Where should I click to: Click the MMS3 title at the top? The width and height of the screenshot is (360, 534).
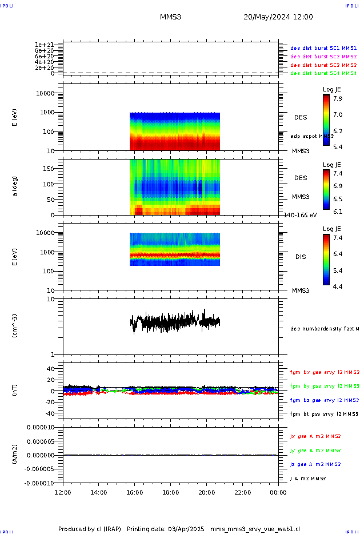point(170,17)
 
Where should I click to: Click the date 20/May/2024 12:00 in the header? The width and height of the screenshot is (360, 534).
point(278,17)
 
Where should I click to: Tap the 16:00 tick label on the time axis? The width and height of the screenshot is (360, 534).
point(134,492)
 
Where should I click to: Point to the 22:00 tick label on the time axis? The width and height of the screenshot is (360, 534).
point(242,492)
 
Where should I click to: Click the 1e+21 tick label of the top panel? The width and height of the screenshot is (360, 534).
point(44,45)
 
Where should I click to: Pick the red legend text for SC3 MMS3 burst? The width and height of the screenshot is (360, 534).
point(323,65)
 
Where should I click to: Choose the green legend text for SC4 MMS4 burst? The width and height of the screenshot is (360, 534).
point(323,73)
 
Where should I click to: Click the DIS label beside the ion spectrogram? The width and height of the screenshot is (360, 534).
point(300,257)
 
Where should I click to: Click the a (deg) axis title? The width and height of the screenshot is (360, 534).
point(16,186)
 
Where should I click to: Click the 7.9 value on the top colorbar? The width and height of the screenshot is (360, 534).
point(338,98)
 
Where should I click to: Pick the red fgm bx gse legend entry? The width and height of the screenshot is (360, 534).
point(324,372)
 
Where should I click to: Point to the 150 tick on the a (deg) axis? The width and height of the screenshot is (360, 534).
point(48,169)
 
